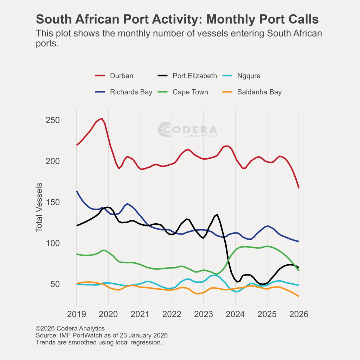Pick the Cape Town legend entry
pyautogui.click(x=190, y=92)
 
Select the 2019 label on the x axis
pyautogui.click(x=77, y=314)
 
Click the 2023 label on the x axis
pyautogui.click(x=204, y=314)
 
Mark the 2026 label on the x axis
pyautogui.click(x=298, y=314)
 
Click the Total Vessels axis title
pyautogui.click(x=39, y=207)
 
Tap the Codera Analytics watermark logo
pyautogui.click(x=187, y=130)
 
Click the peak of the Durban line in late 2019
pyautogui.click(x=102, y=118)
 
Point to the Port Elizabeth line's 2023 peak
pyautogui.click(x=217, y=214)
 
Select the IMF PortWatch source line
pyautogui.click(x=102, y=335)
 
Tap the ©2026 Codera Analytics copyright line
pyautogui.click(x=70, y=329)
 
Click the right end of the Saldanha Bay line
pyautogui.click(x=298, y=296)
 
